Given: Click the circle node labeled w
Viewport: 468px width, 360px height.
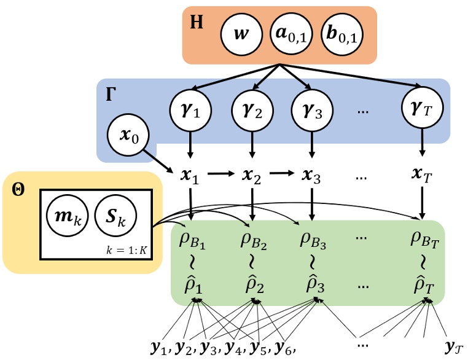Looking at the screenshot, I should (x=244, y=34).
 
